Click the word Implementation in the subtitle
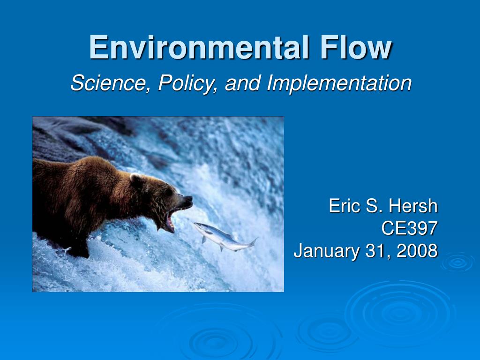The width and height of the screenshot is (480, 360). [339, 83]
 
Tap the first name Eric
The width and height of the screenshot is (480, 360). [345, 206]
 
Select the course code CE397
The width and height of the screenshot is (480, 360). [409, 228]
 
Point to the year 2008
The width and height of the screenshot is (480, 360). [417, 251]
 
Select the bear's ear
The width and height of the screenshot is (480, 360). [136, 179]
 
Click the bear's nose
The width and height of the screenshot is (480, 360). [188, 199]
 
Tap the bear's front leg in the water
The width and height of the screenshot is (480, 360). [77, 244]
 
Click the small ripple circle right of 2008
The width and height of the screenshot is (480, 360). [457, 262]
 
